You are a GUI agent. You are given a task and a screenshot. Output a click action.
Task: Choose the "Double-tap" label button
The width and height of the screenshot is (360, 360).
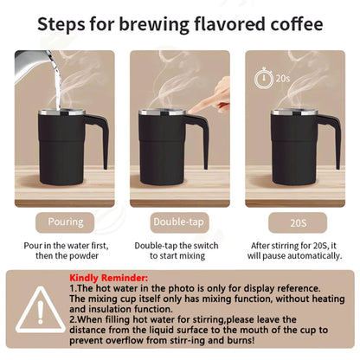click(179, 222)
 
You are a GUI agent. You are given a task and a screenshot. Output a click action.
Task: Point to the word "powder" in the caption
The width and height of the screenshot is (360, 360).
click(84, 257)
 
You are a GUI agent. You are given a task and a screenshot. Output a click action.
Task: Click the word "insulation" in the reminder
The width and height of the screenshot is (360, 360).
click(103, 310)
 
